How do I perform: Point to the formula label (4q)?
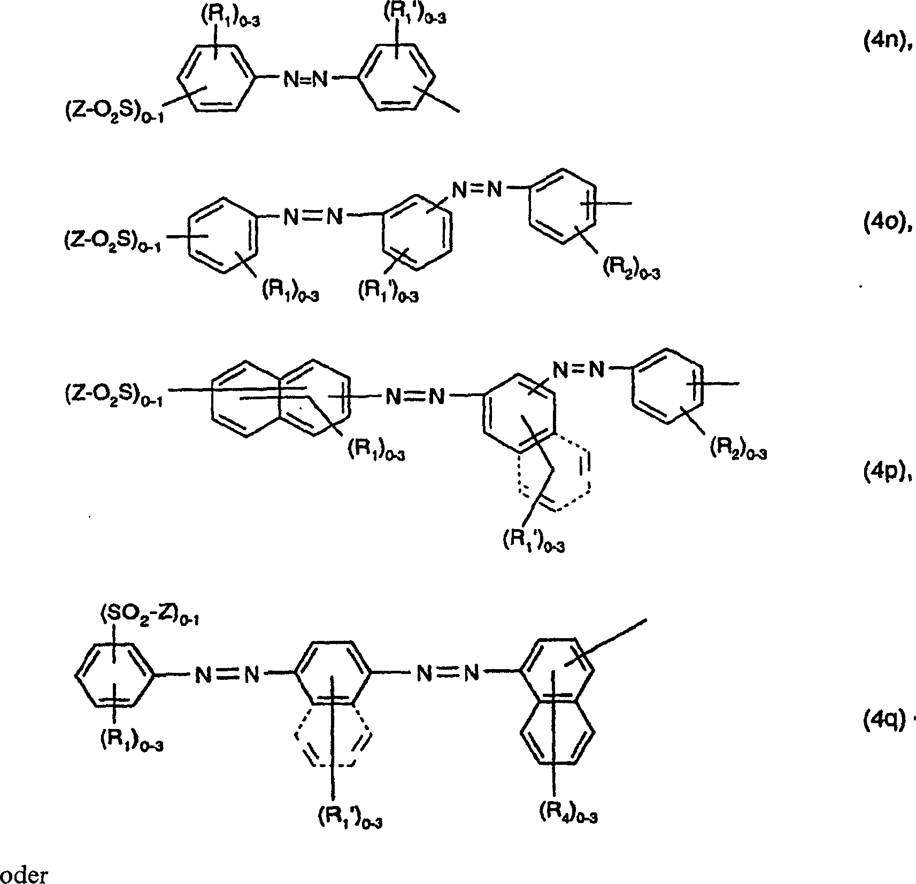pos(883,722)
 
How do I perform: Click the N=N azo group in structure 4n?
pos(305,80)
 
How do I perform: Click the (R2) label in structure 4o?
pos(632,270)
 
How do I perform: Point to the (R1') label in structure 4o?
pos(388,292)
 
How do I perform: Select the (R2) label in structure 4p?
pos(738,450)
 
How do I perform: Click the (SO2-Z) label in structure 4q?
pos(149,618)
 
